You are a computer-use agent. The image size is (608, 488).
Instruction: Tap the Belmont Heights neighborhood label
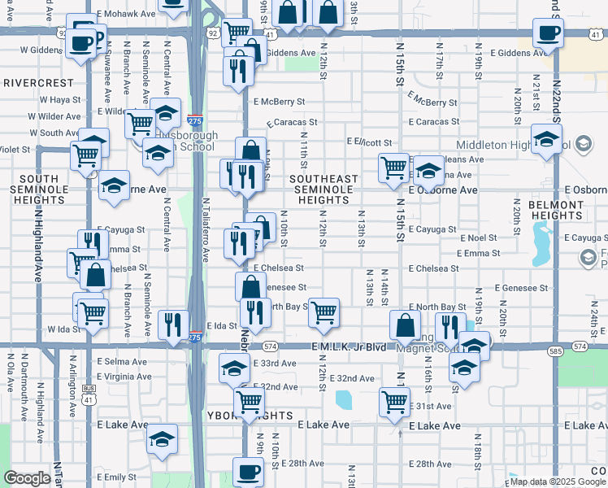coord(557,211)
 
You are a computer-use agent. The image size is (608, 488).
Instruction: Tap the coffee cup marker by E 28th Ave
coord(248,471)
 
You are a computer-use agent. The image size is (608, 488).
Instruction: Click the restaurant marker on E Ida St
coord(172,324)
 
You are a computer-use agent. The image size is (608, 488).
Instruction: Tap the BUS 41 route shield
coord(89,389)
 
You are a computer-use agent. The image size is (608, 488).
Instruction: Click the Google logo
coord(28,478)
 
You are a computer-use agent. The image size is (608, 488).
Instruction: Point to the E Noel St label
coord(477,237)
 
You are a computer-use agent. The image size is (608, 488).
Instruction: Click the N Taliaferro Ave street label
coord(205,229)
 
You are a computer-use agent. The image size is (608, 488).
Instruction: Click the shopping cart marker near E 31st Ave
coord(394,402)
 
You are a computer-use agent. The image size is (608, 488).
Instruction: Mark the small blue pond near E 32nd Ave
coord(344,399)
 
